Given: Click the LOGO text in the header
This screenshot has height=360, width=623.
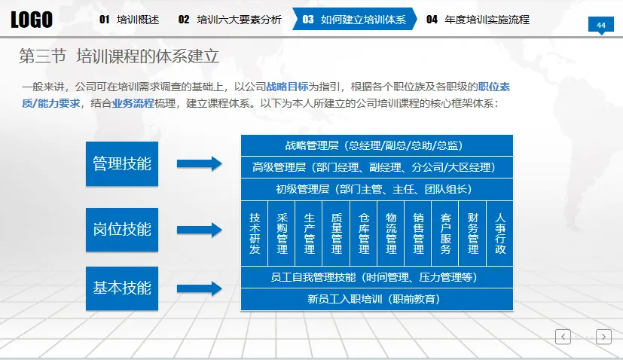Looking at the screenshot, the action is pos(32,20).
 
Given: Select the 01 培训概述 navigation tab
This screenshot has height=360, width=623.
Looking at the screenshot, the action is pos(129,20).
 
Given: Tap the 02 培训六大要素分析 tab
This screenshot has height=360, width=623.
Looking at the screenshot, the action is pos(229,20).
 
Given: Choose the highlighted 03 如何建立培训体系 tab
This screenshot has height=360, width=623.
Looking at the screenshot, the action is pos(353,20).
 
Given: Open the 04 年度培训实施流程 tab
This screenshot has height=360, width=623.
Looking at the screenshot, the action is pos(478,20).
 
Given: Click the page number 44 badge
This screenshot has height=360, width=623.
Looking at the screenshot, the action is pos(601,26).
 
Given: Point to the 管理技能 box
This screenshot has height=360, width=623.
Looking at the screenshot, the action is pos(122,163).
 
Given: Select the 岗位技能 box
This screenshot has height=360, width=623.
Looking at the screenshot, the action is pos(122,229).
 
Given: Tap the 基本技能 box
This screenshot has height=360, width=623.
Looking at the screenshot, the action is pos(122,288).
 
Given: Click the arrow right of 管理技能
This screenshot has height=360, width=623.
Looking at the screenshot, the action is pos(199,163).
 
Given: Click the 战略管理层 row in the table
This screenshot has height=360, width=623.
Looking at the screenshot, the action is pos(377,145).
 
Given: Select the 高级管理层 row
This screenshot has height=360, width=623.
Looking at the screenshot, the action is pos(377,167).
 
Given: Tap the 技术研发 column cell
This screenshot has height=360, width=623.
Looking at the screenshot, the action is pos(255,233).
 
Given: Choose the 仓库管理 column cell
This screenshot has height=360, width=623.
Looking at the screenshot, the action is pos(364,233).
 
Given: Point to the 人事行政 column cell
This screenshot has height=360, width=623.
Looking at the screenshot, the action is pos(500,233).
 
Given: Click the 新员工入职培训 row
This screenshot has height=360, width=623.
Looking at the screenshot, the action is pos(377,299).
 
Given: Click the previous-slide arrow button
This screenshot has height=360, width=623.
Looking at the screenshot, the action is pos(563,337).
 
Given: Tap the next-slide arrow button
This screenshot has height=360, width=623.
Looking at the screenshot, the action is pos(603,337).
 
